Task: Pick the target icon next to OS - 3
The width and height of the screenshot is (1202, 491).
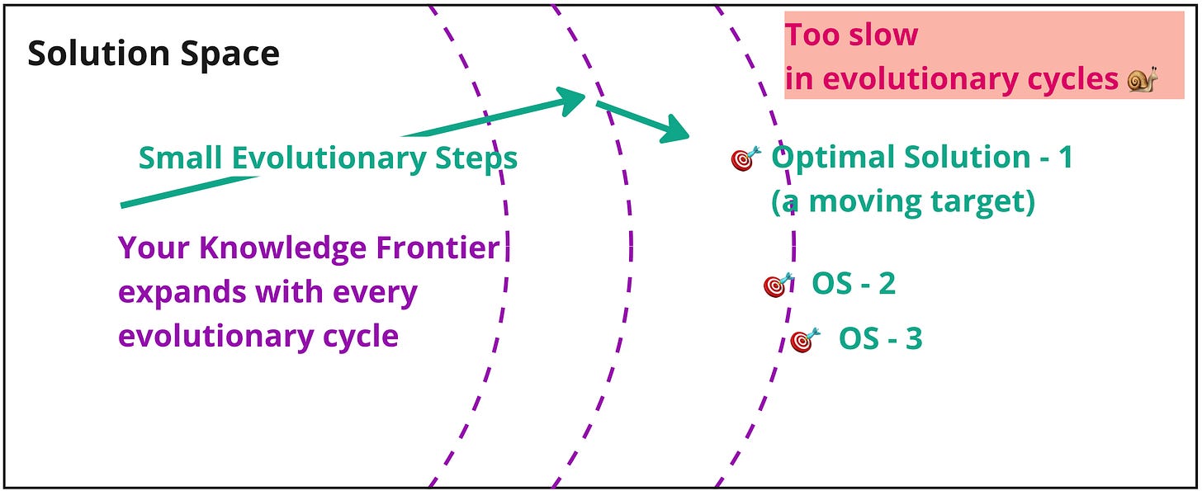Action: point(805,339)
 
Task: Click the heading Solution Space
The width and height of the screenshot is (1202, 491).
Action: point(154,54)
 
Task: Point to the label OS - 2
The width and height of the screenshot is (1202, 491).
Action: point(854,284)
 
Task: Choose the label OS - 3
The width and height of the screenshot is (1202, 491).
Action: point(880,339)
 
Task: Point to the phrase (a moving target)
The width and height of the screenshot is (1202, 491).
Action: point(902,201)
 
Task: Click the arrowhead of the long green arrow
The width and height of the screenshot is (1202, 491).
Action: point(570,101)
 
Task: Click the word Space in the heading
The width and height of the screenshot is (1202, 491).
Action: point(234,54)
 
